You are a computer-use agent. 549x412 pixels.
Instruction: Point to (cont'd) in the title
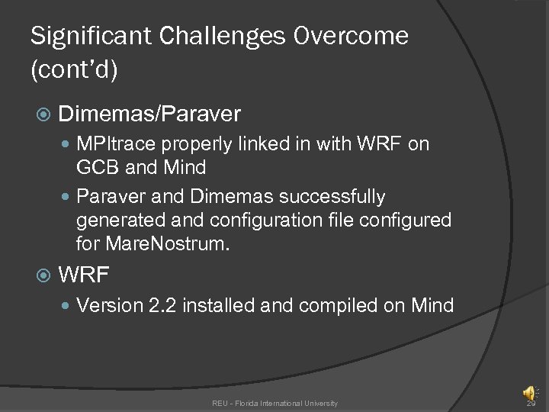pyautogui.click(x=73, y=71)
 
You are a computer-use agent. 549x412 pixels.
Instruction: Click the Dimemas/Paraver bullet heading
pyautogui.click(x=149, y=114)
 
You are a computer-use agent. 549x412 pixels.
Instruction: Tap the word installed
pyautogui.click(x=219, y=306)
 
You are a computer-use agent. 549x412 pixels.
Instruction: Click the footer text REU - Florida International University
pyautogui.click(x=274, y=403)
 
